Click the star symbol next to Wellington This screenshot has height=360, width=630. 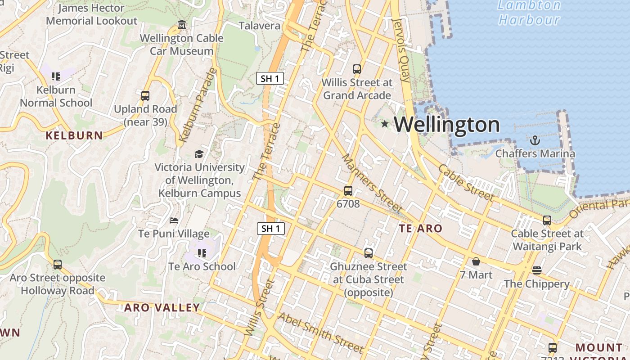(384, 124)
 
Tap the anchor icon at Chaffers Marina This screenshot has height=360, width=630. (535, 141)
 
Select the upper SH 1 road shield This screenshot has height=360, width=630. (270, 78)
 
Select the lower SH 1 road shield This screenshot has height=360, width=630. (270, 228)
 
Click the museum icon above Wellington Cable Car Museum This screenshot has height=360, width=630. (181, 25)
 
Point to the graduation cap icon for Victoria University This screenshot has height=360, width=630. (199, 154)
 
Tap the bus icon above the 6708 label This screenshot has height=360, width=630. (348, 191)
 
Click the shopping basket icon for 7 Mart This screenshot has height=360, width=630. (476, 261)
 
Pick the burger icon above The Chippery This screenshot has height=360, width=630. (536, 270)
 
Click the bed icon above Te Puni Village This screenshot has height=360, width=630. (174, 220)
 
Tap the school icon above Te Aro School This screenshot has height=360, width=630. (202, 253)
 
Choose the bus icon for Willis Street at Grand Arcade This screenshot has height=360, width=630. (357, 69)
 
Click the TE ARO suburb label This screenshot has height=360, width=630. (421, 229)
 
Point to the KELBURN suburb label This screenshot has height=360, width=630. (74, 135)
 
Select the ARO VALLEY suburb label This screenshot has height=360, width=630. (162, 308)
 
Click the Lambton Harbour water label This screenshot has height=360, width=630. (529, 13)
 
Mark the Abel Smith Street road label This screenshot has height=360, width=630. (320, 333)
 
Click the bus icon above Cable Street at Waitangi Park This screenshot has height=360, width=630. (547, 220)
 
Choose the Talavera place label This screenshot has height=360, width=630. (259, 26)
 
